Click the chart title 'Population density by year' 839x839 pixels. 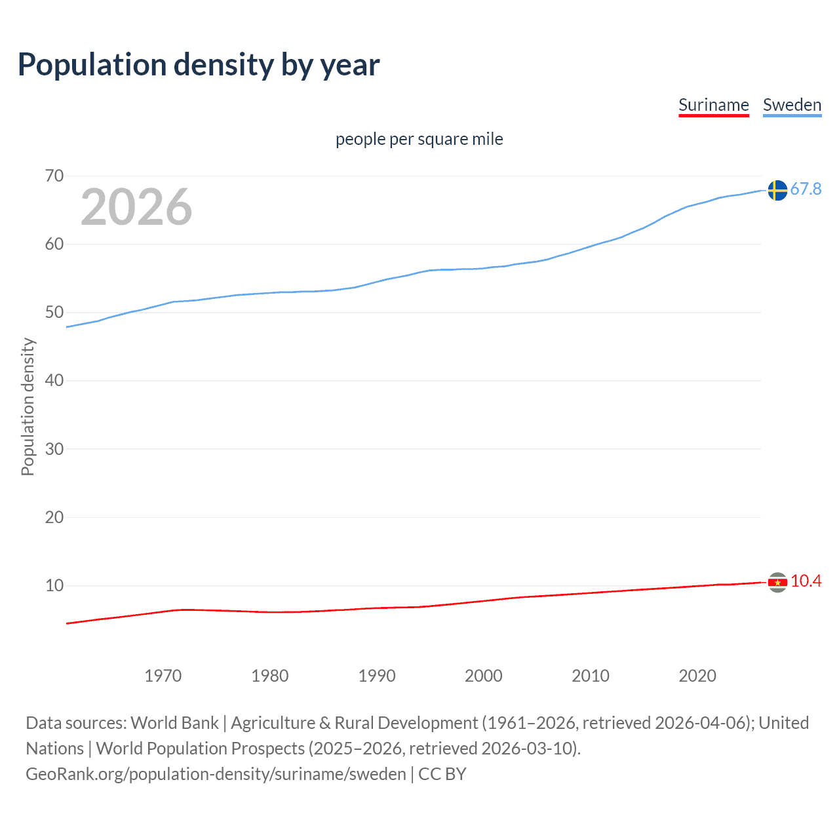click(x=199, y=65)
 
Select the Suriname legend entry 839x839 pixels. click(x=713, y=105)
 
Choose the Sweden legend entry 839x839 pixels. click(x=792, y=105)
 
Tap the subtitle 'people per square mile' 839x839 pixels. click(x=419, y=139)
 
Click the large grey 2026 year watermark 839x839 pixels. click(x=136, y=207)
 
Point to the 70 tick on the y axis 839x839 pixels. click(x=54, y=176)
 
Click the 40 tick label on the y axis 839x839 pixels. click(x=54, y=380)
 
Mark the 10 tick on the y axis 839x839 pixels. click(x=54, y=585)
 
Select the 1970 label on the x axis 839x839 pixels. click(x=163, y=676)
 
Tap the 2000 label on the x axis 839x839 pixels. click(x=484, y=676)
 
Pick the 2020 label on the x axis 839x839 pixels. click(x=697, y=676)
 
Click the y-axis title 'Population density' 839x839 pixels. click(x=28, y=406)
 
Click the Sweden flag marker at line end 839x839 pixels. click(x=777, y=190)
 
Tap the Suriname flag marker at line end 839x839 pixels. click(x=777, y=582)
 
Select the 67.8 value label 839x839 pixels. click(x=806, y=189)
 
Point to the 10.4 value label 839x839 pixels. click(x=806, y=581)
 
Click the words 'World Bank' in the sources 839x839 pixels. click(x=174, y=722)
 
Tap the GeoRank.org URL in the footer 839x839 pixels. click(x=216, y=773)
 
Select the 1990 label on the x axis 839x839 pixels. click(x=377, y=676)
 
